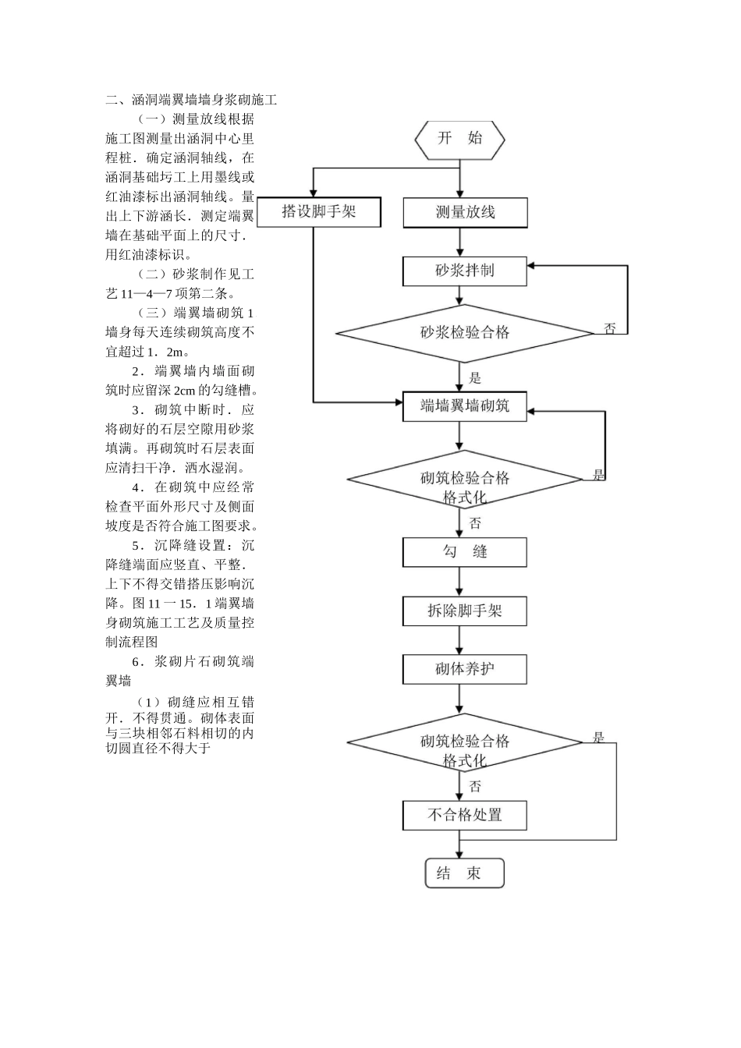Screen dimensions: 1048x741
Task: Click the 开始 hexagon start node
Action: tap(459, 140)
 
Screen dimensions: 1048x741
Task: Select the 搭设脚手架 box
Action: tap(319, 212)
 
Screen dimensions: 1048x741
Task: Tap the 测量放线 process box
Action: tap(465, 212)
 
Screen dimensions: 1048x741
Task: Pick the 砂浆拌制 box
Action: tap(465, 271)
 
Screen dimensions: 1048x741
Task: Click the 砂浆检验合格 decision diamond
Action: tap(465, 333)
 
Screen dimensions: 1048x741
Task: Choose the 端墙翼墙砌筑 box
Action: tap(465, 406)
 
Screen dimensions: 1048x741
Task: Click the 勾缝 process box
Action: tap(465, 552)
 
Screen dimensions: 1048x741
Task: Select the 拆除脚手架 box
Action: tap(465, 611)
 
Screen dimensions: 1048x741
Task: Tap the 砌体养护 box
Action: tap(465, 669)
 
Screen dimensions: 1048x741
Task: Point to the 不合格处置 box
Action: tap(465, 816)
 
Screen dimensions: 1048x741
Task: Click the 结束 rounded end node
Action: tap(465, 873)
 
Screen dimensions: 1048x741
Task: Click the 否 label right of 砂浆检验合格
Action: tap(610, 329)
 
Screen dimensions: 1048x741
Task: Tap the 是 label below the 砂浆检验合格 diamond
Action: tap(475, 379)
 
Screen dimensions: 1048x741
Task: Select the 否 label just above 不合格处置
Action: tap(475, 787)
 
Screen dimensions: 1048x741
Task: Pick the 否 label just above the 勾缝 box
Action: tap(475, 523)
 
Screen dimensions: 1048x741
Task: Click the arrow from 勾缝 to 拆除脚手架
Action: tap(460, 582)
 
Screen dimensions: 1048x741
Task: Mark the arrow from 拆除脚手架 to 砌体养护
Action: tap(460, 640)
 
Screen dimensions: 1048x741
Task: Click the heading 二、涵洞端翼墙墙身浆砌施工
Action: tap(192, 100)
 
